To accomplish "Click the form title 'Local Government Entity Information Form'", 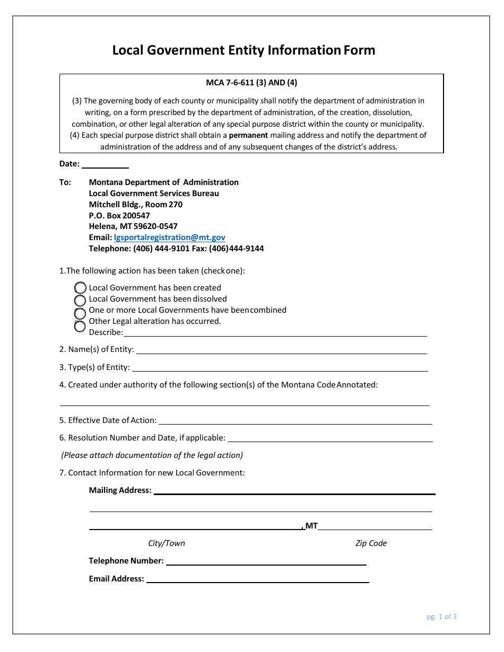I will coord(244,50).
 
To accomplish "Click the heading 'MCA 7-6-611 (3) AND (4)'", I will coord(251,83).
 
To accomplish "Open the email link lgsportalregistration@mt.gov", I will coord(169,237).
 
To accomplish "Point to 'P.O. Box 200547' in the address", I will coord(119,216).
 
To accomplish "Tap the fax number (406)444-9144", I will coord(237,249).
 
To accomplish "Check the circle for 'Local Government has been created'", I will coord(80,288).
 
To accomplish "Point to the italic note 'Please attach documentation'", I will coord(152,455).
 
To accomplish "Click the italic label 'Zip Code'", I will coord(371,543).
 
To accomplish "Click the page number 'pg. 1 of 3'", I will coord(441,616).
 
